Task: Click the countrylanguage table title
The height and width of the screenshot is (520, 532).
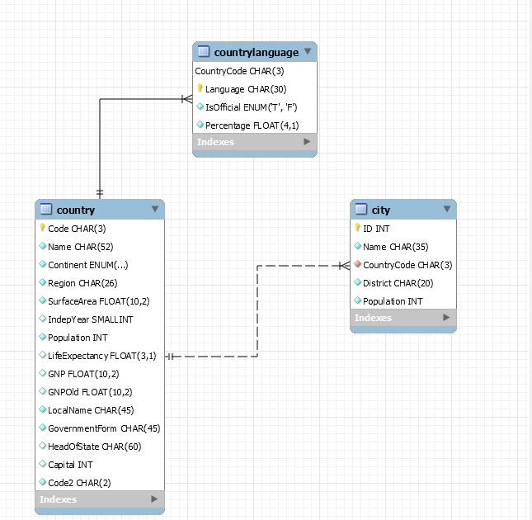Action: tap(256, 52)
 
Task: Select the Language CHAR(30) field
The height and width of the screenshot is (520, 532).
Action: tap(246, 89)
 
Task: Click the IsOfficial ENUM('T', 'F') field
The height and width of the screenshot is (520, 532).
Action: tap(252, 107)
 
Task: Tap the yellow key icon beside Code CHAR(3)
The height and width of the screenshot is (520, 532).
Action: tap(42, 229)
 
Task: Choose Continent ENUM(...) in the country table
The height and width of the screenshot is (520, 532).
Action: tap(87, 265)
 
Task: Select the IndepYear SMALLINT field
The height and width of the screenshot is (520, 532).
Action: tap(90, 319)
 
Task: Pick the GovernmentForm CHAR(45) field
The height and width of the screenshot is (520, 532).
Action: tap(103, 428)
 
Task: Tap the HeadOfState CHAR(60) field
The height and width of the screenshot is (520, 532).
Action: tap(94, 447)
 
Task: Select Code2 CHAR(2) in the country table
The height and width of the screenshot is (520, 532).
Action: tap(79, 483)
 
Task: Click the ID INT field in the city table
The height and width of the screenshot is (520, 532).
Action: tap(376, 229)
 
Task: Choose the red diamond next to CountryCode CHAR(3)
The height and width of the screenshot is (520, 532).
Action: tap(358, 265)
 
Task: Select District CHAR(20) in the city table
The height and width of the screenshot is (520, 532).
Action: tap(398, 283)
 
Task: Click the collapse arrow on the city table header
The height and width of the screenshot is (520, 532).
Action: tap(446, 210)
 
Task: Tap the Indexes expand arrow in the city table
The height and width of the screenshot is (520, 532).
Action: tap(446, 318)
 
